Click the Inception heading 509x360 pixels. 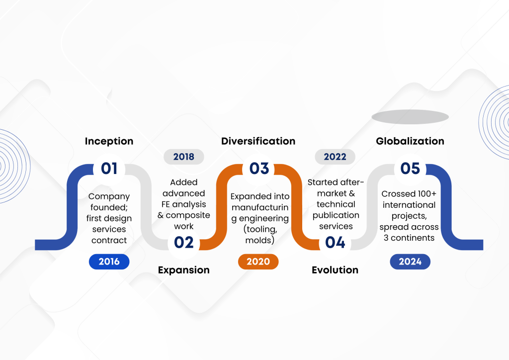(x=109, y=141)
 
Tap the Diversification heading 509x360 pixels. (x=258, y=141)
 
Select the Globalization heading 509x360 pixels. (x=410, y=141)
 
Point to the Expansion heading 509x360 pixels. (x=184, y=270)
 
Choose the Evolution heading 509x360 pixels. (x=335, y=270)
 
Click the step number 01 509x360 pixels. (x=109, y=169)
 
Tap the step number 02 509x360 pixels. (x=184, y=243)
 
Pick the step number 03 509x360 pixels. (x=259, y=169)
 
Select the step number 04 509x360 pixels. (x=335, y=243)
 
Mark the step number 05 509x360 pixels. (x=410, y=169)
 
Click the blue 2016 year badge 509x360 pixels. (x=109, y=262)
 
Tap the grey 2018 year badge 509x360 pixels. (x=184, y=157)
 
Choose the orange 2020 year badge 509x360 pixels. (x=258, y=262)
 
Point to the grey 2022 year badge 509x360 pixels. (x=335, y=157)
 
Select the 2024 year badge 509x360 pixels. (x=410, y=262)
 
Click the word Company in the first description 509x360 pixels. (x=109, y=197)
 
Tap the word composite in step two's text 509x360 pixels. (x=188, y=215)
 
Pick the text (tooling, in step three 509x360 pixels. (x=260, y=230)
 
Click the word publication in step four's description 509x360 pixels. (x=336, y=215)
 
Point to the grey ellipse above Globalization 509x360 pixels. (x=410, y=117)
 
